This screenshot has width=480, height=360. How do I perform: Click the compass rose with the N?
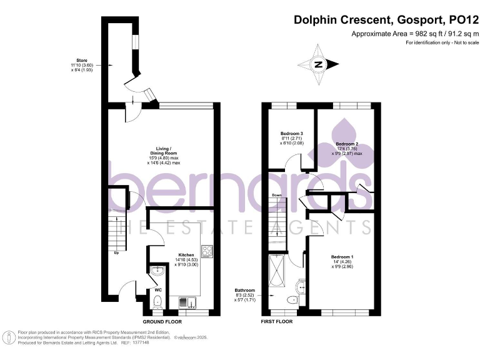[319, 64]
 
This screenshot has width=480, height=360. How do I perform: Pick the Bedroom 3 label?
[292, 134]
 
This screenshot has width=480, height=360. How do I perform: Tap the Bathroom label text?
[244, 290]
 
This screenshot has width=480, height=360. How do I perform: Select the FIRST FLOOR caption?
[276, 321]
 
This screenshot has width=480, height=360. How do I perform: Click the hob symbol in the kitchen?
[207, 251]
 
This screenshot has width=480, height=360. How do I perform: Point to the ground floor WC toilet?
[157, 302]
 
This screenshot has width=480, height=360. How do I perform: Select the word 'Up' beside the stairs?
[116, 252]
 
